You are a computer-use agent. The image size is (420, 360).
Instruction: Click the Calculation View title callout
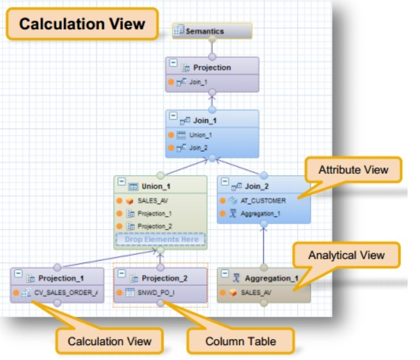82,24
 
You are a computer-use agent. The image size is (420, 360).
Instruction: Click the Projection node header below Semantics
212,68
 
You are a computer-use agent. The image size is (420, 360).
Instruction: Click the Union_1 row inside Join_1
200,135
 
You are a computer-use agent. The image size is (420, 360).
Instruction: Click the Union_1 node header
160,186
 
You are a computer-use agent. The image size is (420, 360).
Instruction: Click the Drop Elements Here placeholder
161,240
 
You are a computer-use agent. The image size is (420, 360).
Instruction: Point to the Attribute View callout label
353,169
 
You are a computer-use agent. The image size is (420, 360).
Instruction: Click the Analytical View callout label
347,255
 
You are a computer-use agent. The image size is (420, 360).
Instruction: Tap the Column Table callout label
241,341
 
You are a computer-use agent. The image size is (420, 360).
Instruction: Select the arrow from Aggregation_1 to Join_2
263,245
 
